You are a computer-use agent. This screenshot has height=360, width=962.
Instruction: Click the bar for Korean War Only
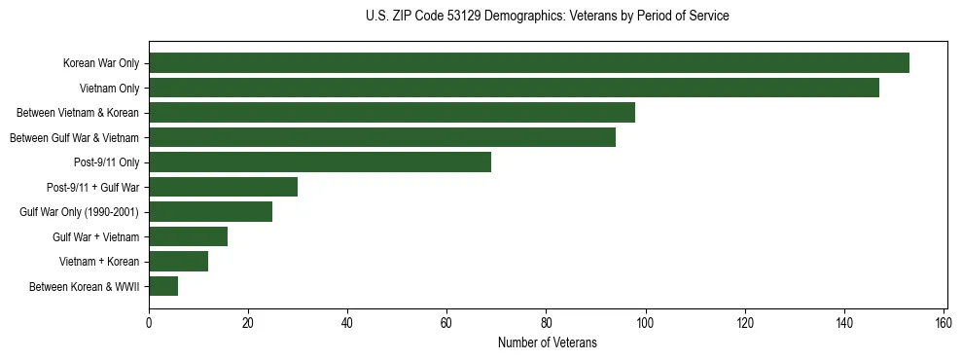529,63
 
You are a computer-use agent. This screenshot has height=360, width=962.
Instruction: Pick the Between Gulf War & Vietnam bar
382,137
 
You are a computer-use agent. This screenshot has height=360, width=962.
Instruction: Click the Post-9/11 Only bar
320,162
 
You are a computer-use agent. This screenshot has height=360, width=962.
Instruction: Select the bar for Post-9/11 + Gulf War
223,187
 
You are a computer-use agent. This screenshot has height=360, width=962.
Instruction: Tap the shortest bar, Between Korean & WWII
163,286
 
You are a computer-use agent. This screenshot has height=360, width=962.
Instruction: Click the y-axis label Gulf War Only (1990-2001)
79,212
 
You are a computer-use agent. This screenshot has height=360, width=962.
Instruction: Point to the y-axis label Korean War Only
100,63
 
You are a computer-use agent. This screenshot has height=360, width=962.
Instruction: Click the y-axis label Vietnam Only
109,89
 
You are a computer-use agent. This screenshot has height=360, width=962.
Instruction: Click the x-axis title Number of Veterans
547,343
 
